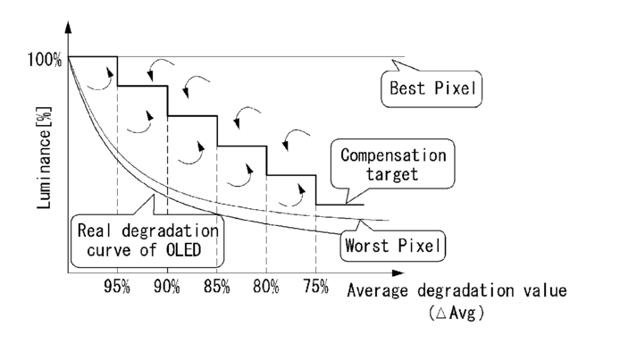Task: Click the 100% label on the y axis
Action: (x=45, y=60)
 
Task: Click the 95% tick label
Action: (x=118, y=289)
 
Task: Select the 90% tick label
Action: (x=167, y=289)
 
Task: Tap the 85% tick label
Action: (x=217, y=289)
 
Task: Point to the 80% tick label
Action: (x=266, y=289)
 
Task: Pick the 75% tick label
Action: (x=315, y=289)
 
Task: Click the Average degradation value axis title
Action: (x=456, y=290)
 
